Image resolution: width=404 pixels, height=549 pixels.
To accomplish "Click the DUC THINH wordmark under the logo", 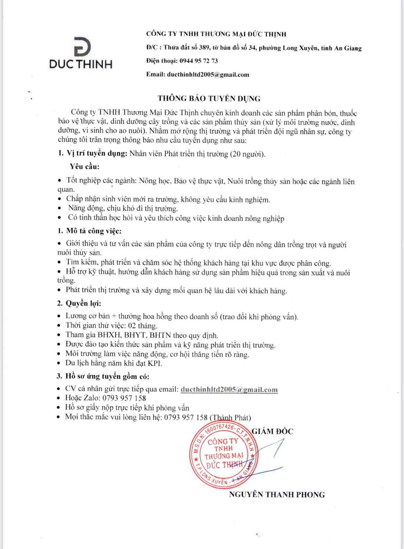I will [x=81, y=64].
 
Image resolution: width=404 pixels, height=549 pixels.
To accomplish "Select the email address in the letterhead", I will [x=208, y=74].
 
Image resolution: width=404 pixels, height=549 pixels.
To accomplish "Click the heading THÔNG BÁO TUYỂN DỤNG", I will [x=209, y=98].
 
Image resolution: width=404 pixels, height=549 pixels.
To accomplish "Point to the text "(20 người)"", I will [x=248, y=154].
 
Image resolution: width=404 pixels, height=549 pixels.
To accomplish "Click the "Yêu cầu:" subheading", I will [x=85, y=166].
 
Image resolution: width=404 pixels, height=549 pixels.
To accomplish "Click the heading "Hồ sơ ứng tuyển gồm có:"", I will [x=107, y=376].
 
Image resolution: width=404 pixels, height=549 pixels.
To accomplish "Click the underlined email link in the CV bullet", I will [x=229, y=389].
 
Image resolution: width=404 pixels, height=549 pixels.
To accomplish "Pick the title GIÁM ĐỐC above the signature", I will [x=272, y=431].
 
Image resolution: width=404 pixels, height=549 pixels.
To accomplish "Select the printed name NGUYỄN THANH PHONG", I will [x=277, y=494].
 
